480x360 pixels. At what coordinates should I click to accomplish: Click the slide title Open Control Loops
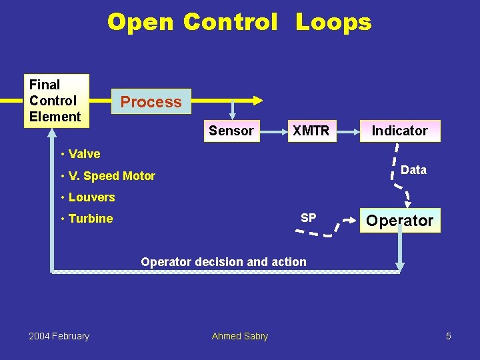[x=239, y=23]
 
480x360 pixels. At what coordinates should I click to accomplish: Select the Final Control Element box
[x=55, y=101]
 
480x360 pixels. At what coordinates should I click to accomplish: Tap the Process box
[x=151, y=102]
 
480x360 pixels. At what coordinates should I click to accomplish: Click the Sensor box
[x=231, y=131]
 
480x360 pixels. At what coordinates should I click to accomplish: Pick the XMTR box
[x=311, y=131]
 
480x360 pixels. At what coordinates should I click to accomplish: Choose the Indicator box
[x=399, y=131]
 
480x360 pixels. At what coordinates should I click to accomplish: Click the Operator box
[x=399, y=221]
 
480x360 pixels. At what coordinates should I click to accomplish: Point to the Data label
[x=413, y=170]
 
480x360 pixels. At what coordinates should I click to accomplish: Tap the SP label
[x=309, y=218]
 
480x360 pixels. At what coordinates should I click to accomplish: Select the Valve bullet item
[x=84, y=154]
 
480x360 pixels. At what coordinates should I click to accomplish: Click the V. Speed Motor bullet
[x=111, y=176]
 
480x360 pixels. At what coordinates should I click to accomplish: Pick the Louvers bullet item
[x=91, y=197]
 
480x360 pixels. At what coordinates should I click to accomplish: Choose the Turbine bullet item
[x=90, y=219]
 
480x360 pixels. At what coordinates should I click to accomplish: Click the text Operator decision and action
[x=223, y=262]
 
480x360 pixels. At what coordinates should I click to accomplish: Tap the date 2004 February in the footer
[x=59, y=336]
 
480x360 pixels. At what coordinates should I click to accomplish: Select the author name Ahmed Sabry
[x=239, y=336]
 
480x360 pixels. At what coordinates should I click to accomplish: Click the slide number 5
[x=449, y=336]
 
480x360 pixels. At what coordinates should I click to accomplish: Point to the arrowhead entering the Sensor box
[x=232, y=116]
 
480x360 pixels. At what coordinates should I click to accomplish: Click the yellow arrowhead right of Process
[x=257, y=101]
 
